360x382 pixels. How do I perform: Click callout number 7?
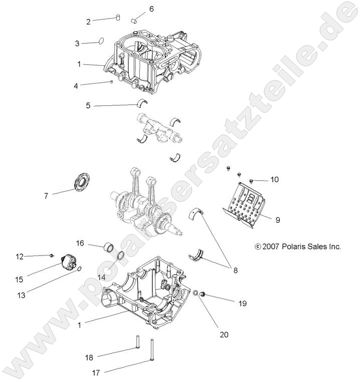(46, 196)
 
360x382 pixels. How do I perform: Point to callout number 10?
(274, 179)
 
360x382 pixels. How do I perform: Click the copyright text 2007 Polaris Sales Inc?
(298, 246)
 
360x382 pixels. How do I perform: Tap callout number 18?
(89, 357)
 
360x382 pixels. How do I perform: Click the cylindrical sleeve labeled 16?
(110, 248)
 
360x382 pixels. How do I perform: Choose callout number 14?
(101, 277)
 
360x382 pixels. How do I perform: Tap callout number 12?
(19, 257)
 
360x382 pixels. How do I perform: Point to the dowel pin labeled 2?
(118, 18)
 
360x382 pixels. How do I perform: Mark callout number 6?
(151, 9)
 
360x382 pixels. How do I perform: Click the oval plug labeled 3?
(100, 41)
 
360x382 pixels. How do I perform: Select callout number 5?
(88, 105)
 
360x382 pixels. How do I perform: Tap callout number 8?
(234, 270)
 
